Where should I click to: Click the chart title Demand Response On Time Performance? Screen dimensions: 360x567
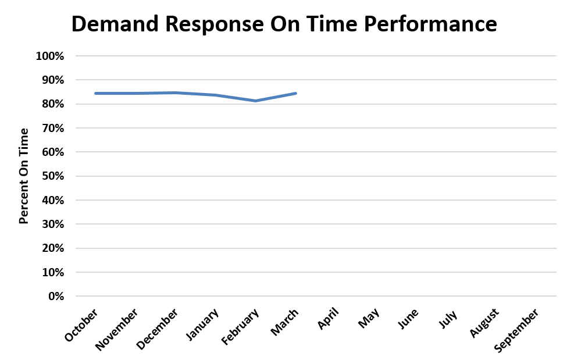284,24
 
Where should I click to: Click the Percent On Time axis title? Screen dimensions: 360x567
24,176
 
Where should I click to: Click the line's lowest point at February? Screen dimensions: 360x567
256,101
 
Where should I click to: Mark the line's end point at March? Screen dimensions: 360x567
296,93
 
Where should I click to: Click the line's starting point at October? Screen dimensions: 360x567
96,93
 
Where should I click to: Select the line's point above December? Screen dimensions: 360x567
176,92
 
